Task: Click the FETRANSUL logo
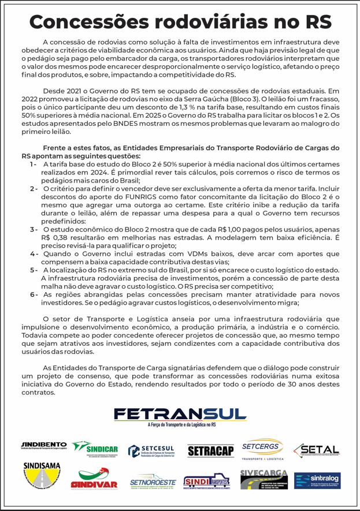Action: click(x=180, y=414)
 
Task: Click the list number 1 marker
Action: click(x=33, y=164)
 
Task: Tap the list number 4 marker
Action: click(x=34, y=253)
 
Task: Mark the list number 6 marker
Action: click(x=34, y=294)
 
